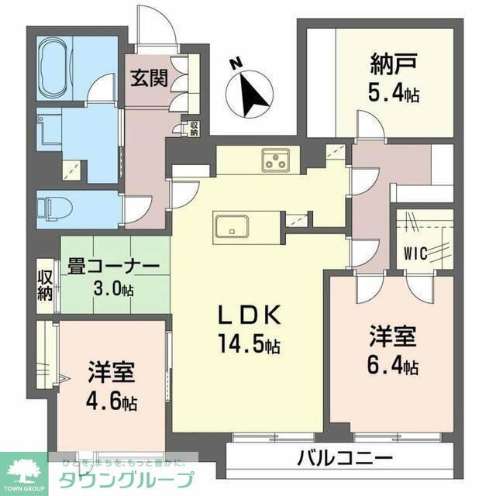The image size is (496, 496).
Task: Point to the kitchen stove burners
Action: [276, 160]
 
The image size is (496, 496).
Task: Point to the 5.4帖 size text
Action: [394, 95]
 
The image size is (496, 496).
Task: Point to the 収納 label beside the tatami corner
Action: [44, 285]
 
